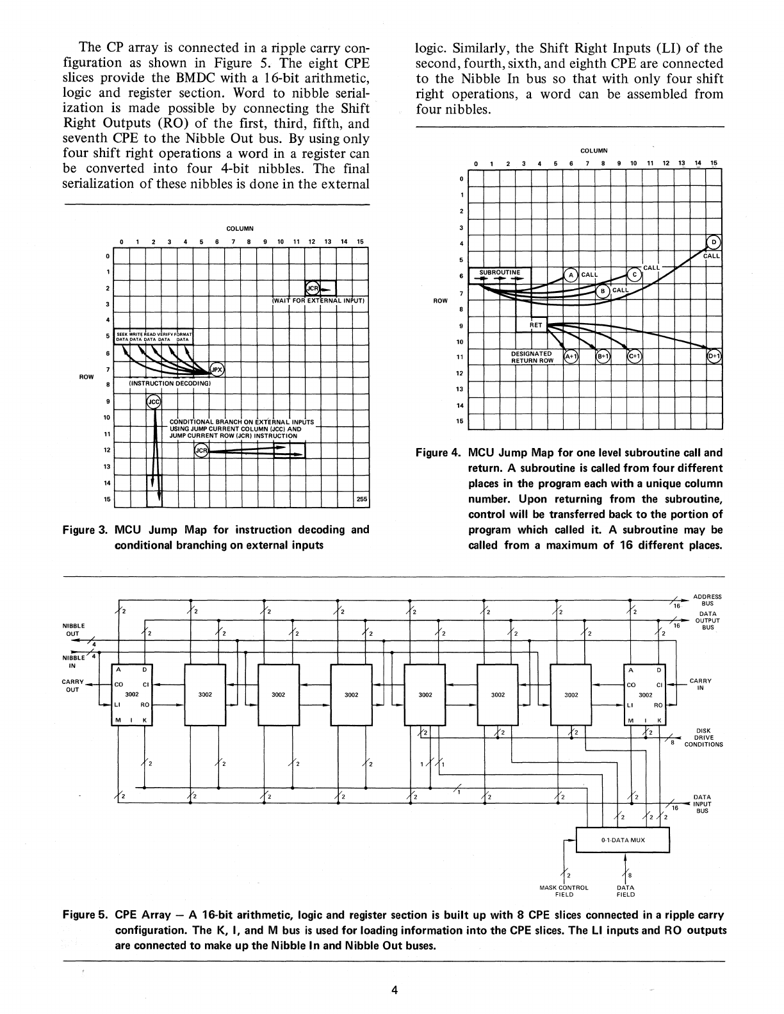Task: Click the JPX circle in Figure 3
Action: [x=218, y=369]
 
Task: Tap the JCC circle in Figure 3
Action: [x=154, y=402]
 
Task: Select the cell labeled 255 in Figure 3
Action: [x=361, y=500]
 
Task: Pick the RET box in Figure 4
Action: [x=536, y=326]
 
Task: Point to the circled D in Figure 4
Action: [x=714, y=242]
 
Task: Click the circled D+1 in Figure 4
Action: [x=714, y=356]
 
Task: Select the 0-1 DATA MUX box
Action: [x=623, y=840]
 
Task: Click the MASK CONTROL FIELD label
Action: [x=564, y=891]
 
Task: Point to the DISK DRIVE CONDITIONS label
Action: [x=703, y=738]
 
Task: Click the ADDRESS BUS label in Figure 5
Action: [x=707, y=600]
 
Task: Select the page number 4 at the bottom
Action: [x=395, y=990]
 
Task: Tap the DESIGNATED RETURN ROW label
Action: [x=532, y=357]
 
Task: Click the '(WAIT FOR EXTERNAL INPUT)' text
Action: [x=318, y=301]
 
